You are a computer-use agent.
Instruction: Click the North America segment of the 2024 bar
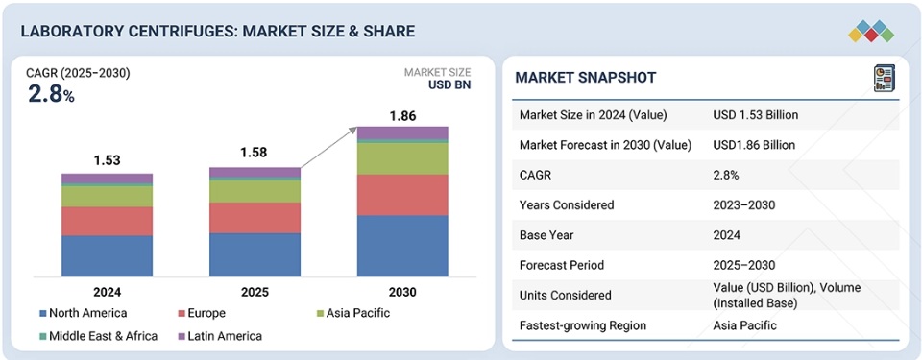(107, 256)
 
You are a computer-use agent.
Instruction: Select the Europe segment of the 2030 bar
(402, 195)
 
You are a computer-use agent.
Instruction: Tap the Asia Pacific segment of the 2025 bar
(255, 191)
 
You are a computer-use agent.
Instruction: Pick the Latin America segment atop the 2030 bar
(402, 132)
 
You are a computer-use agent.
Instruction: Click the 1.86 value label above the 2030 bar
(402, 116)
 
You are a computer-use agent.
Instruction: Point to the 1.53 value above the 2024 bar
(107, 160)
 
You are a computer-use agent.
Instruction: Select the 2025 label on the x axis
(255, 293)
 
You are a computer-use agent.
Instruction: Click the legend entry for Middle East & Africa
(98, 336)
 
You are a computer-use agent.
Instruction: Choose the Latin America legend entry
(219, 336)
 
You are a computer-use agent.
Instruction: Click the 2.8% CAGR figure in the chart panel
(51, 95)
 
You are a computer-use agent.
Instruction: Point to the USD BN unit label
(449, 84)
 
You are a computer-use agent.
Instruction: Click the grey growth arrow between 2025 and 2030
(328, 147)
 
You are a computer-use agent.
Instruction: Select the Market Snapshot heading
(585, 78)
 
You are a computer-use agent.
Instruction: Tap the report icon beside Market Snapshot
(884, 78)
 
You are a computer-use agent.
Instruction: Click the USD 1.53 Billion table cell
(756, 115)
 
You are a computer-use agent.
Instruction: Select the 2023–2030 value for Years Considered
(743, 205)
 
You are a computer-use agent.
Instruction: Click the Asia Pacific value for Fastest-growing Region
(744, 325)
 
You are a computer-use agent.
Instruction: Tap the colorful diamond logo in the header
(871, 31)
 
